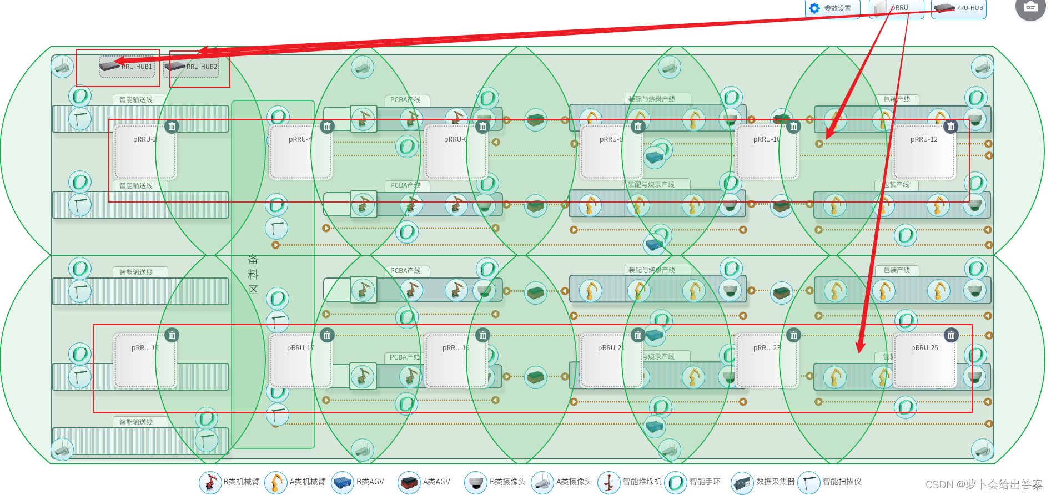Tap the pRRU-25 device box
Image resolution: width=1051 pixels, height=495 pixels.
(x=924, y=360)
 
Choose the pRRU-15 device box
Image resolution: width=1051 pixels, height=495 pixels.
(x=145, y=360)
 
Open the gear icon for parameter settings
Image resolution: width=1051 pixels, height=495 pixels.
(x=814, y=8)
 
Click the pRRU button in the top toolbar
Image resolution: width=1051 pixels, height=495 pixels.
(x=896, y=8)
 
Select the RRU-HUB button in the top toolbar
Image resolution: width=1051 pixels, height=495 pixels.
(x=959, y=8)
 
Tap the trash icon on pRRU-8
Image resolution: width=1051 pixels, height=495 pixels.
(x=638, y=127)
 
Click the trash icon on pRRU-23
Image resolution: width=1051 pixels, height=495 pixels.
(x=794, y=335)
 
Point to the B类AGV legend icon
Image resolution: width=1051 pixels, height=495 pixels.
(x=342, y=482)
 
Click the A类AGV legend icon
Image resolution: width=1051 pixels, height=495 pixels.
(x=409, y=482)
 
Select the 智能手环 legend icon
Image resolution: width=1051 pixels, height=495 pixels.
(x=676, y=482)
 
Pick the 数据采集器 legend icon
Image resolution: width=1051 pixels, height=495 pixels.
(x=742, y=482)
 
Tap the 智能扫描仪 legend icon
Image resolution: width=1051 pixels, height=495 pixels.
(x=809, y=482)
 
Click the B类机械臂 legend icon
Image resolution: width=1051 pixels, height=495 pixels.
(x=210, y=482)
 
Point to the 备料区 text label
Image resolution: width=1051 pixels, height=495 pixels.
(x=253, y=274)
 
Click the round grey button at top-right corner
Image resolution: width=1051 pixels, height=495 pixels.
(x=1030, y=7)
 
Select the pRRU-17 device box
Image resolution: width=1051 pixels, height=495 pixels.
(x=300, y=360)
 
